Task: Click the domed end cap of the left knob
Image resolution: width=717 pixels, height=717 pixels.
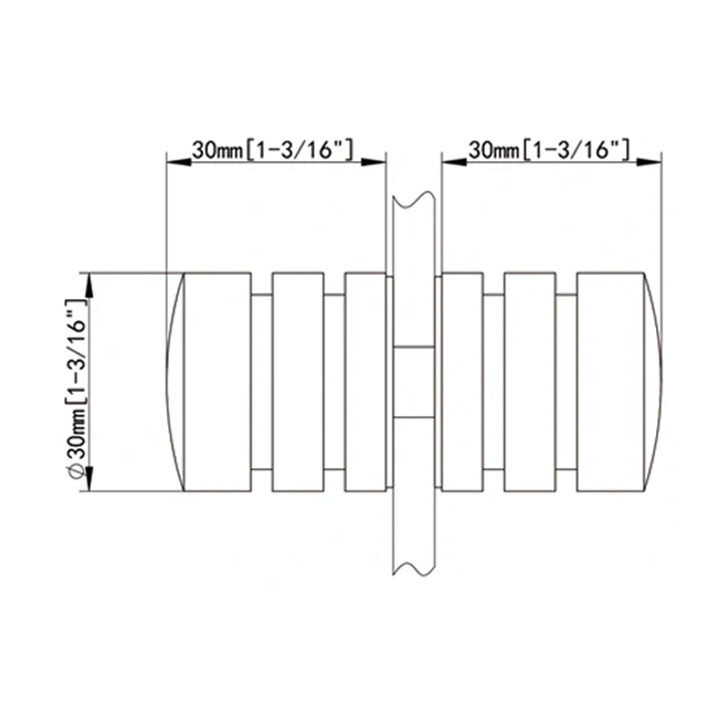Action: click(176, 382)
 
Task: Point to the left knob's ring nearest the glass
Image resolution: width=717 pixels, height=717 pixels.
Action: click(365, 382)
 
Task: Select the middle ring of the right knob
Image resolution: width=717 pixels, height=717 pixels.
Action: click(530, 382)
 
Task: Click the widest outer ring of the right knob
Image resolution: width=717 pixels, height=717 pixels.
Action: click(609, 382)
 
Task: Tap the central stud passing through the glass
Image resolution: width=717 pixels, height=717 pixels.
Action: click(414, 382)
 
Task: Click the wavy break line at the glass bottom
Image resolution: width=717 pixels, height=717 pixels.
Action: click(414, 566)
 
